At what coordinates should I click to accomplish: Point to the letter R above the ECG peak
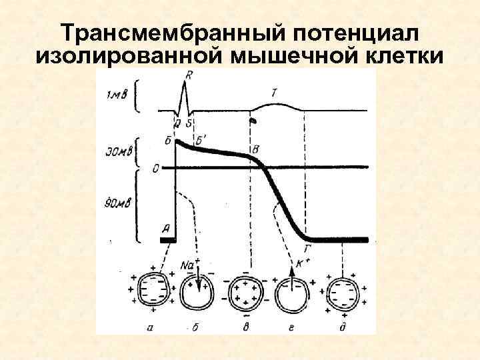coord(189,76)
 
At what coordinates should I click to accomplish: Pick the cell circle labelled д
coord(343,292)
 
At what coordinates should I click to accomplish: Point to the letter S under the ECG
coord(189,124)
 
